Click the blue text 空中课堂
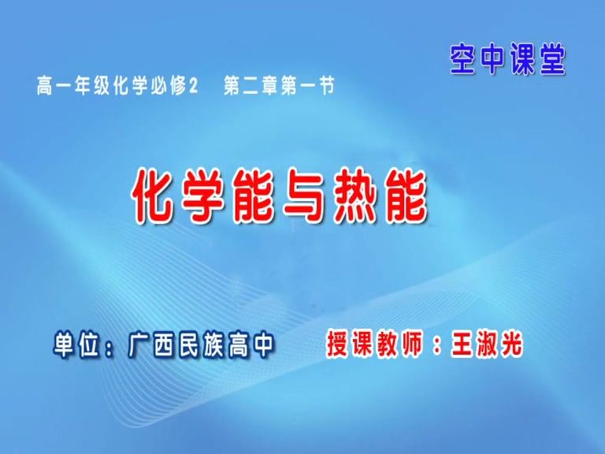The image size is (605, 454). pos(508,58)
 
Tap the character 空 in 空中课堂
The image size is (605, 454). pos(464,58)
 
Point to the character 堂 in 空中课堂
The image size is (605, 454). pos(552,58)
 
